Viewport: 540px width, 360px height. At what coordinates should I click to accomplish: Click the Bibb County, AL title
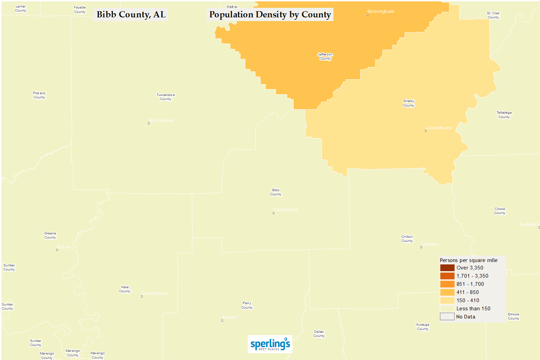[131, 15]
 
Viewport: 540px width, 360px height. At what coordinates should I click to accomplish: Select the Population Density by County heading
[270, 15]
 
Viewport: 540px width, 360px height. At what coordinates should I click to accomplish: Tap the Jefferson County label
[325, 56]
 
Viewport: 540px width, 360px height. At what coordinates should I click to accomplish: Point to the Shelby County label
[409, 103]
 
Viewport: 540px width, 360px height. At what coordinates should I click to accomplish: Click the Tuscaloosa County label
[166, 97]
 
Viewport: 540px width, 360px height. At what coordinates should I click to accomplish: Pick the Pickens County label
[39, 95]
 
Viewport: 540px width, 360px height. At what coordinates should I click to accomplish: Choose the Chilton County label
[407, 239]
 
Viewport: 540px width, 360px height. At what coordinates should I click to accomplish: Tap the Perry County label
[247, 305]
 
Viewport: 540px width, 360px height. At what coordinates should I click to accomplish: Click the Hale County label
[125, 289]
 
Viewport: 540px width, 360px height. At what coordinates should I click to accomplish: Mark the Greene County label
[50, 235]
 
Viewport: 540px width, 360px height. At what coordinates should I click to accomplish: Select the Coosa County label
[500, 211]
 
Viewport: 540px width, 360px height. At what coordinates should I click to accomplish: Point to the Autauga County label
[423, 327]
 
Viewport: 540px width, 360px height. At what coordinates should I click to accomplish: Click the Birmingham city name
[381, 12]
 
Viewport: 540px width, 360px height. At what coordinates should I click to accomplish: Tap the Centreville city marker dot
[274, 213]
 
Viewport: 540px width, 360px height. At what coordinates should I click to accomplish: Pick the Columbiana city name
[439, 128]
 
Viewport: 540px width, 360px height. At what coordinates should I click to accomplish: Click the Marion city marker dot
[222, 321]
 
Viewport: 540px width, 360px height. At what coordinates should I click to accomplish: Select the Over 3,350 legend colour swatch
[447, 268]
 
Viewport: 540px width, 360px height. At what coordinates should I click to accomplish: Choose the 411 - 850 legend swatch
[447, 292]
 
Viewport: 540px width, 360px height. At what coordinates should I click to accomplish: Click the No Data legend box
[447, 317]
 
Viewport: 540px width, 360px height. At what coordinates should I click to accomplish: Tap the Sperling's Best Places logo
[270, 344]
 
